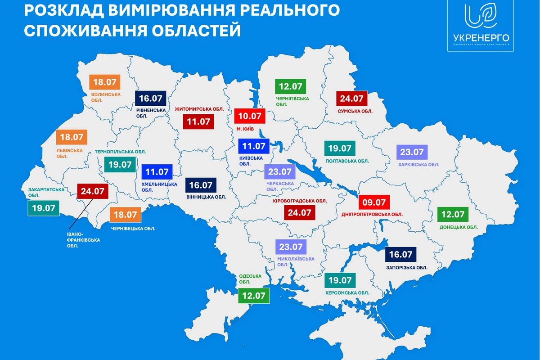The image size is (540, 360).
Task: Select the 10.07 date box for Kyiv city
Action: [250, 116]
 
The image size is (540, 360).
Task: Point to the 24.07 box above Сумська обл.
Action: [352, 98]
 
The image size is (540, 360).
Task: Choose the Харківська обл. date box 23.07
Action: [412, 153]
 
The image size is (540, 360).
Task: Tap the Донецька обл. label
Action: [459, 227]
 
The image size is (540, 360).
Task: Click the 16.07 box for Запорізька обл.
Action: [401, 254]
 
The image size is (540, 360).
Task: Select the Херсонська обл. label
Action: [347, 293]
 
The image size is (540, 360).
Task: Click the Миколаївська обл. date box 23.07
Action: [291, 247]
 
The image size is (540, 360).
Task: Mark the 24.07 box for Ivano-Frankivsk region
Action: [93, 191]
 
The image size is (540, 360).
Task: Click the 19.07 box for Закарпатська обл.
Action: [44, 208]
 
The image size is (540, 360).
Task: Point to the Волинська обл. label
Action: [106, 97]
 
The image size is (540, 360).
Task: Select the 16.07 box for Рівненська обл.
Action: [150, 98]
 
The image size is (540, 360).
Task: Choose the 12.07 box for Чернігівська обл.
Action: [290, 85]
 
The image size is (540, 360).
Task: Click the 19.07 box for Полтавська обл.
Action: [340, 148]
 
